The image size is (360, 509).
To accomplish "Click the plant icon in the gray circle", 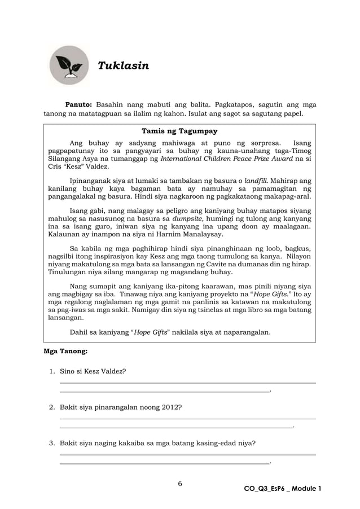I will tap(69, 65).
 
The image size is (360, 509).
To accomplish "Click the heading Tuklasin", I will tap(124, 66).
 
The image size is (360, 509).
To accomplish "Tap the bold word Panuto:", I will tap(79, 104).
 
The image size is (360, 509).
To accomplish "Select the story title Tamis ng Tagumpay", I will tap(179, 131).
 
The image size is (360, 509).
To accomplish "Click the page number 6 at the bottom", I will tap(180, 484).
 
